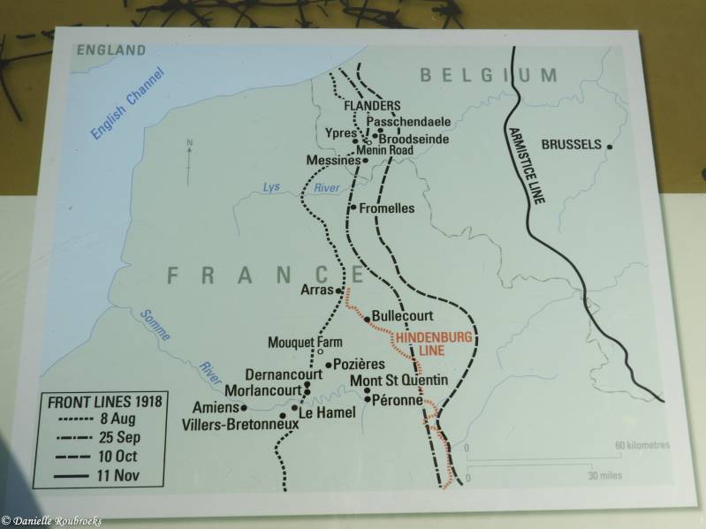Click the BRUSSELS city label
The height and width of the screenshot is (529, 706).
pyautogui.click(x=571, y=144)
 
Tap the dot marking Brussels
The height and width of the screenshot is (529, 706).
pyautogui.click(x=610, y=147)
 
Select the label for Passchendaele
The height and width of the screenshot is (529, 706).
pyautogui.click(x=408, y=122)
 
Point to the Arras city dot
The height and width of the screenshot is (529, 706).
pyautogui.click(x=338, y=290)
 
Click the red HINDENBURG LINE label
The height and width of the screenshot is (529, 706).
pyautogui.click(x=434, y=344)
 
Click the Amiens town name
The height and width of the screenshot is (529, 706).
pyautogui.click(x=216, y=407)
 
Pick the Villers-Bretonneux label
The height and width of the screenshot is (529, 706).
pyautogui.click(x=239, y=425)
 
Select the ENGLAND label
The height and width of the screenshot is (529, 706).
pyautogui.click(x=110, y=50)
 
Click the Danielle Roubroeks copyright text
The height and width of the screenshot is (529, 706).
pyautogui.click(x=51, y=521)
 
